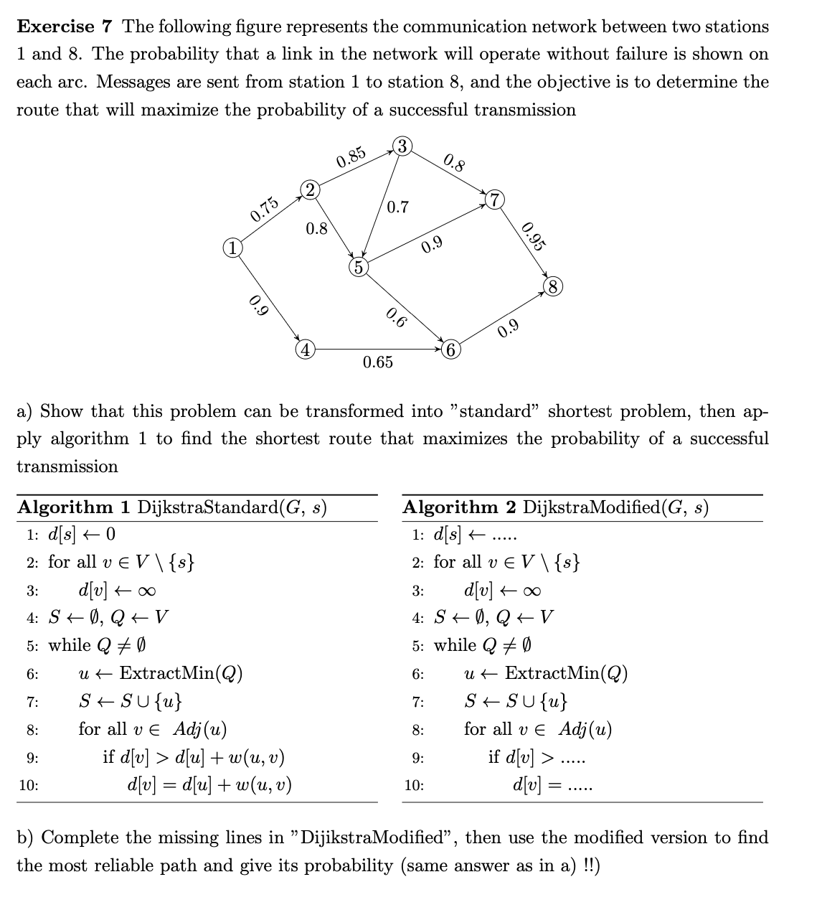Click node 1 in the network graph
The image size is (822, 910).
click(x=231, y=249)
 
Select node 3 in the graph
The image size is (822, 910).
click(x=402, y=146)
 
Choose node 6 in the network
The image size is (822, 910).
click(x=450, y=351)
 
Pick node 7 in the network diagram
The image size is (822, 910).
click(x=495, y=198)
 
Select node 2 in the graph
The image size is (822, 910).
click(x=308, y=189)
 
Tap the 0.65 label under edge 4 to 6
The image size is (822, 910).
click(x=378, y=362)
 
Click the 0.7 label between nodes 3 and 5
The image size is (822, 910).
click(x=397, y=208)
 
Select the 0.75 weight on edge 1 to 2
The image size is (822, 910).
click(x=264, y=207)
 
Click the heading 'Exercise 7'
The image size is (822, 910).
click(x=65, y=27)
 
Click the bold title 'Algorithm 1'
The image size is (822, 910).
click(x=74, y=507)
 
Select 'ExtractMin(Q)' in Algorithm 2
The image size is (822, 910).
click(x=566, y=673)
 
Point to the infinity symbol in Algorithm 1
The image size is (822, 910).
click(x=147, y=591)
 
